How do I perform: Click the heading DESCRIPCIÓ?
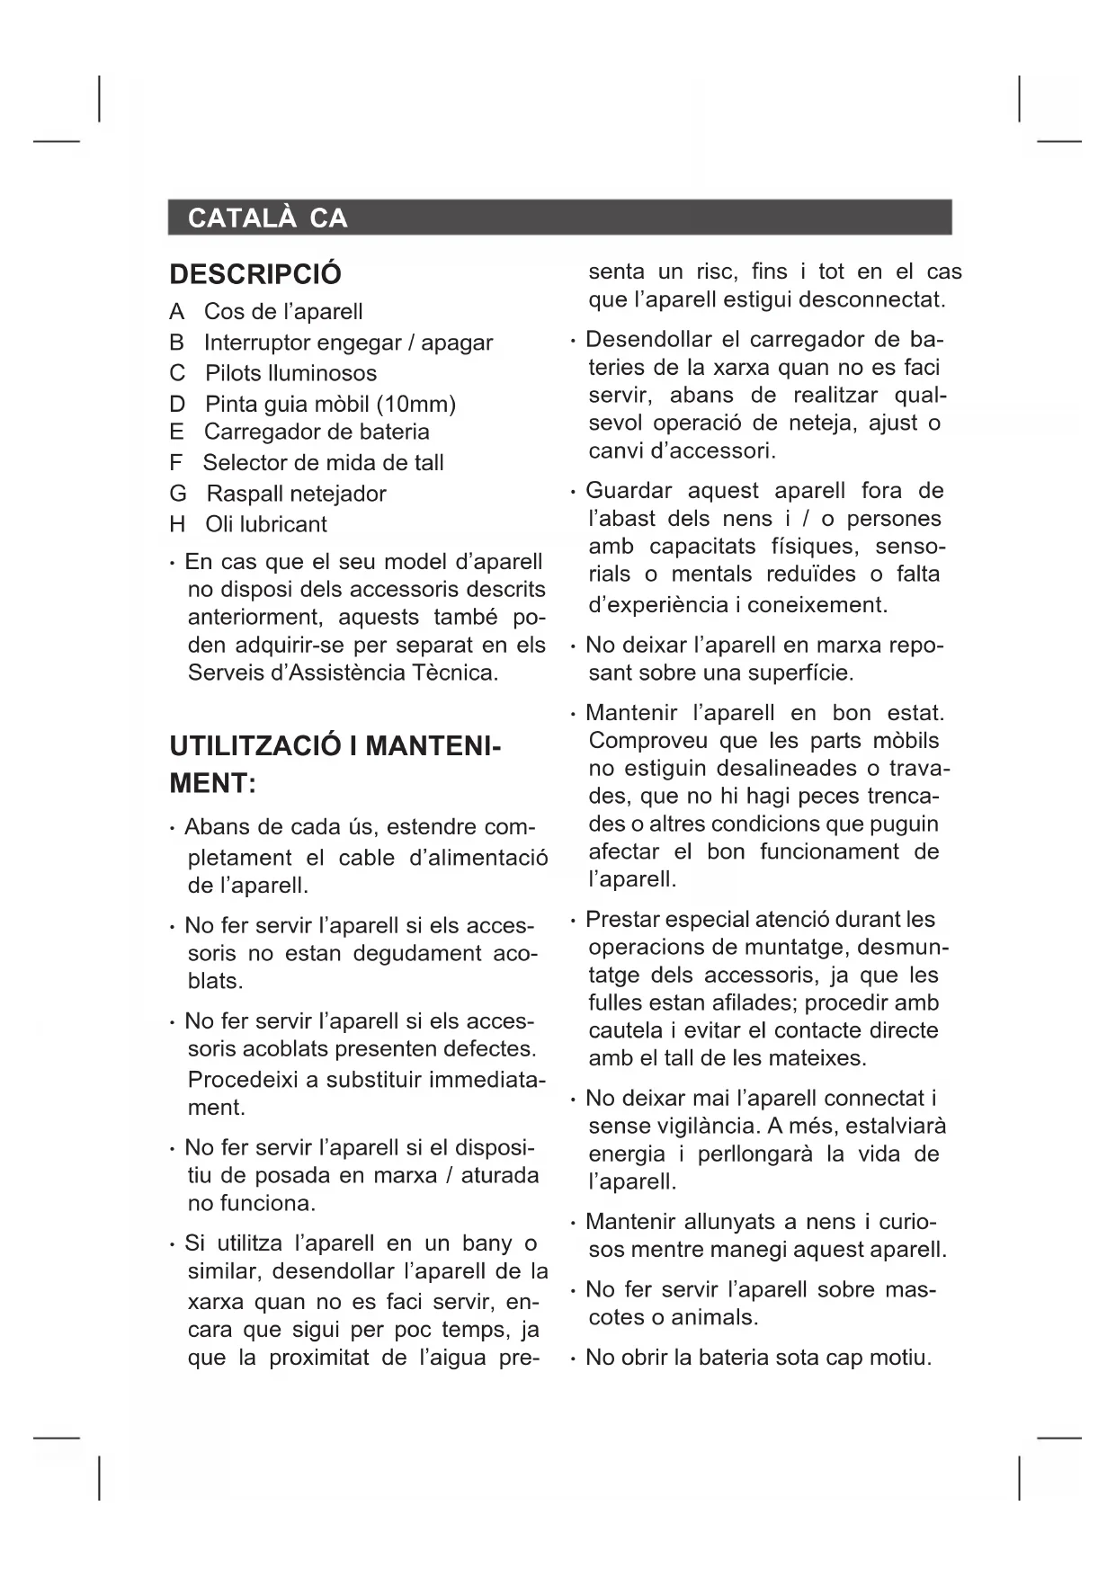[x=255, y=274]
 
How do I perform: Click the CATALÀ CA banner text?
[x=267, y=218]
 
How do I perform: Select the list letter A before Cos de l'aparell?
[x=176, y=312]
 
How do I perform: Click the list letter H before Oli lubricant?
[x=177, y=524]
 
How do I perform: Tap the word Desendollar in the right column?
[x=639, y=340]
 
